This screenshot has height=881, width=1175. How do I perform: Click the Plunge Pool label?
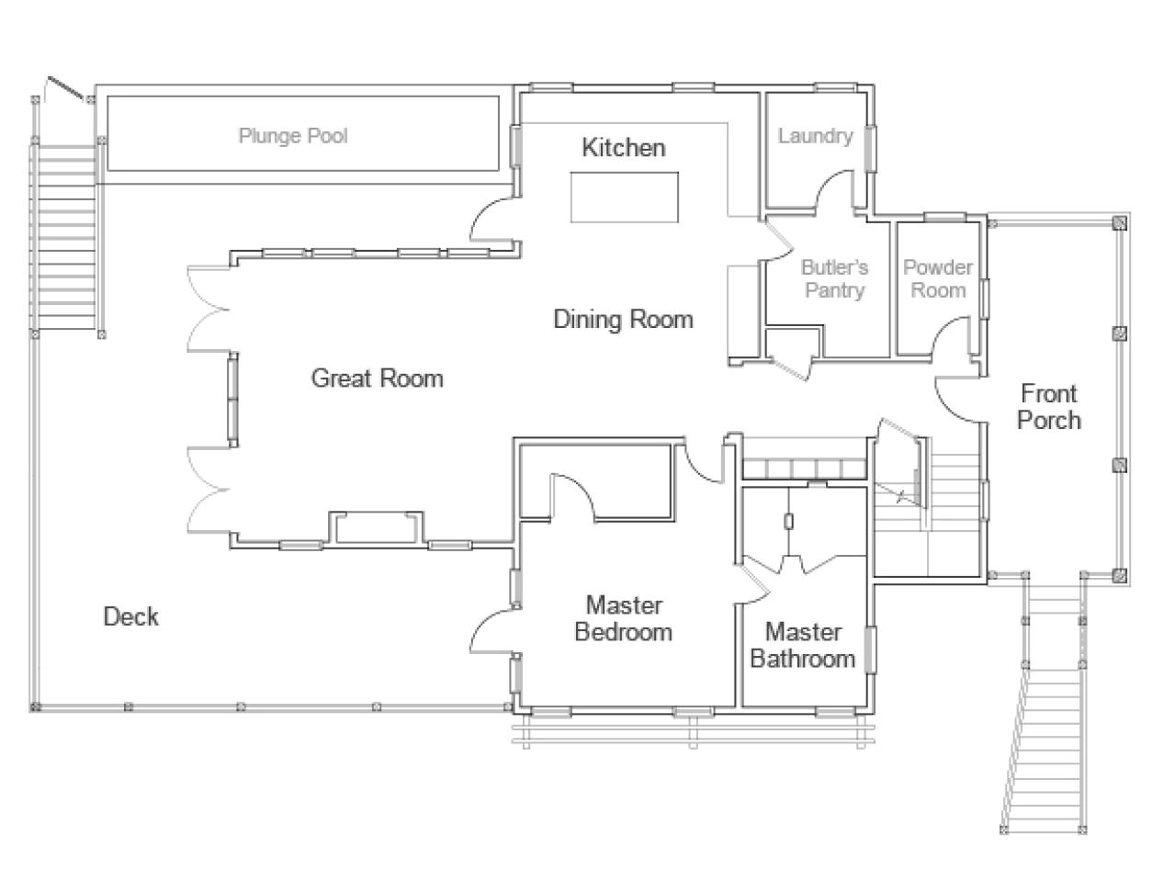click(x=293, y=136)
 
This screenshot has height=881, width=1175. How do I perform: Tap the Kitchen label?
click(x=623, y=148)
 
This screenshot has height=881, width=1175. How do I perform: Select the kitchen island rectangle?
click(x=624, y=197)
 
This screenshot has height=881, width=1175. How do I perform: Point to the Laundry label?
click(x=815, y=136)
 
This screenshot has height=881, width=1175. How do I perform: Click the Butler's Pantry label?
click(x=833, y=278)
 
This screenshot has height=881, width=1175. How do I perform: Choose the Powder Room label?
click(x=937, y=278)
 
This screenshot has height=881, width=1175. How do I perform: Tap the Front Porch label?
click(x=1048, y=407)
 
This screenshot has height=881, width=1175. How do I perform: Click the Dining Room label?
click(x=623, y=320)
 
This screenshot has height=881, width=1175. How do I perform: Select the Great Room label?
click(x=377, y=378)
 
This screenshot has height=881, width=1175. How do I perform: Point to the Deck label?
click(x=130, y=616)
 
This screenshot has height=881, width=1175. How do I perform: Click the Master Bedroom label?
click(x=623, y=618)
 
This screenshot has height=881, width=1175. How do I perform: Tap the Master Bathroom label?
click(x=802, y=645)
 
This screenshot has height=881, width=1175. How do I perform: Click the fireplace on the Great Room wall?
click(x=378, y=528)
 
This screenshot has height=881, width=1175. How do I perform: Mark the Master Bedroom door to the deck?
click(x=491, y=630)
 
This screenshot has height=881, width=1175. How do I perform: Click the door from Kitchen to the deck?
click(x=494, y=220)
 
